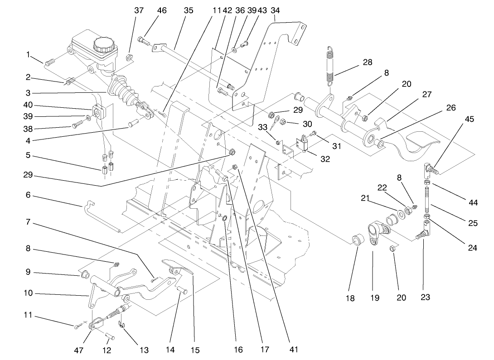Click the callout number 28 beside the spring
[x=368, y=62]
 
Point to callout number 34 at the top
[x=275, y=10]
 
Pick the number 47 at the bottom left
[x=79, y=350]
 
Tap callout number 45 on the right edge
[x=470, y=119]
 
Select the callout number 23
[x=425, y=298]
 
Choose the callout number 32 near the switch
[x=325, y=159]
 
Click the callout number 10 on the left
[x=28, y=293]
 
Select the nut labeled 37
[x=129, y=58]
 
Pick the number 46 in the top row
[x=162, y=10]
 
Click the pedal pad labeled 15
[x=179, y=267]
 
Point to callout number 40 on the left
[x=28, y=105]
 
